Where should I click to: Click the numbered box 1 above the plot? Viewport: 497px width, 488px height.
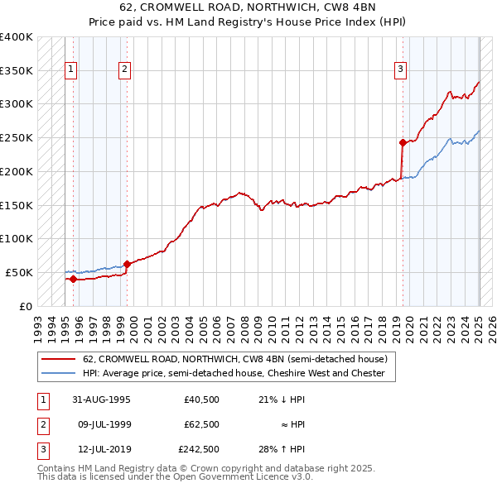click(71, 69)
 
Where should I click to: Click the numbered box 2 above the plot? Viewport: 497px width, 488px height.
click(124, 69)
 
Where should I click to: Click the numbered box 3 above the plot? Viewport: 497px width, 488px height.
click(400, 69)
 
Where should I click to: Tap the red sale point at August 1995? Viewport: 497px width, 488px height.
click(73, 279)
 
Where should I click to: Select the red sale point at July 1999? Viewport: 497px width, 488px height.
click(127, 264)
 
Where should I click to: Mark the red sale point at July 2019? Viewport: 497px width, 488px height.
click(403, 142)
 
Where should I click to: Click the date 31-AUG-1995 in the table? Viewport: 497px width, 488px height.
click(101, 399)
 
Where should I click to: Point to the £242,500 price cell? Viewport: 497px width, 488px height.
click(199, 449)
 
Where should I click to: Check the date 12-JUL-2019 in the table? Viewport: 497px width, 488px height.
click(101, 449)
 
